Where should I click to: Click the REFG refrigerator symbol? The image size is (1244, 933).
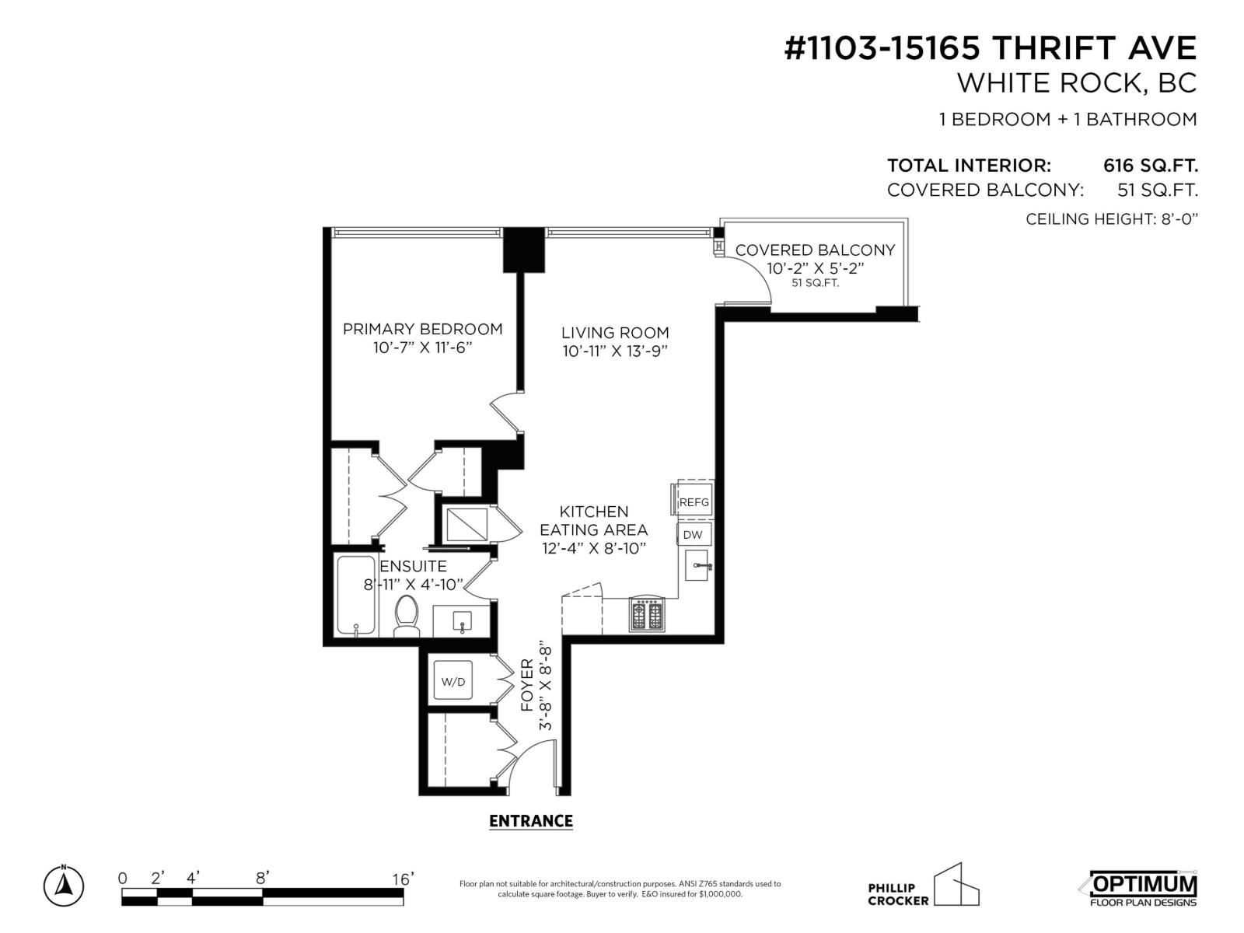(x=694, y=501)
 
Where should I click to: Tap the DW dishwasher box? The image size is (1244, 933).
(x=693, y=535)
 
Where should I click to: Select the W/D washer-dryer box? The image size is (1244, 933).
(x=453, y=682)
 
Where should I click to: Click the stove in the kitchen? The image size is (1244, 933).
(x=647, y=616)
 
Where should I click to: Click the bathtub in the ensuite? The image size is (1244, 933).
(x=356, y=595)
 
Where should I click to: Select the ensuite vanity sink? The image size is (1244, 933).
(x=463, y=620)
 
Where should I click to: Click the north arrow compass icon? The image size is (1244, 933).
(x=64, y=885)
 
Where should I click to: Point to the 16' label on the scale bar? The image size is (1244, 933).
(x=403, y=879)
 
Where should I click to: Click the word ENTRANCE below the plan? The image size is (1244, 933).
(x=531, y=821)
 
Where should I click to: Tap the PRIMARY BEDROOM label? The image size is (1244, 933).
(x=422, y=329)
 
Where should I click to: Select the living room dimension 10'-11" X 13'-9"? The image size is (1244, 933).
(x=615, y=351)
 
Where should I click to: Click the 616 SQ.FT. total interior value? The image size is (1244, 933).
(x=1150, y=166)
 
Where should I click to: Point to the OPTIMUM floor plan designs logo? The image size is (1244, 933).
(x=1139, y=888)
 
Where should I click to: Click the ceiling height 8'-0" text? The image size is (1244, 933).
(x=1111, y=219)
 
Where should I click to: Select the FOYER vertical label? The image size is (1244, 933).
(x=527, y=684)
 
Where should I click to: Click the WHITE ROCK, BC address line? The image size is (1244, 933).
(x=1076, y=83)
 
